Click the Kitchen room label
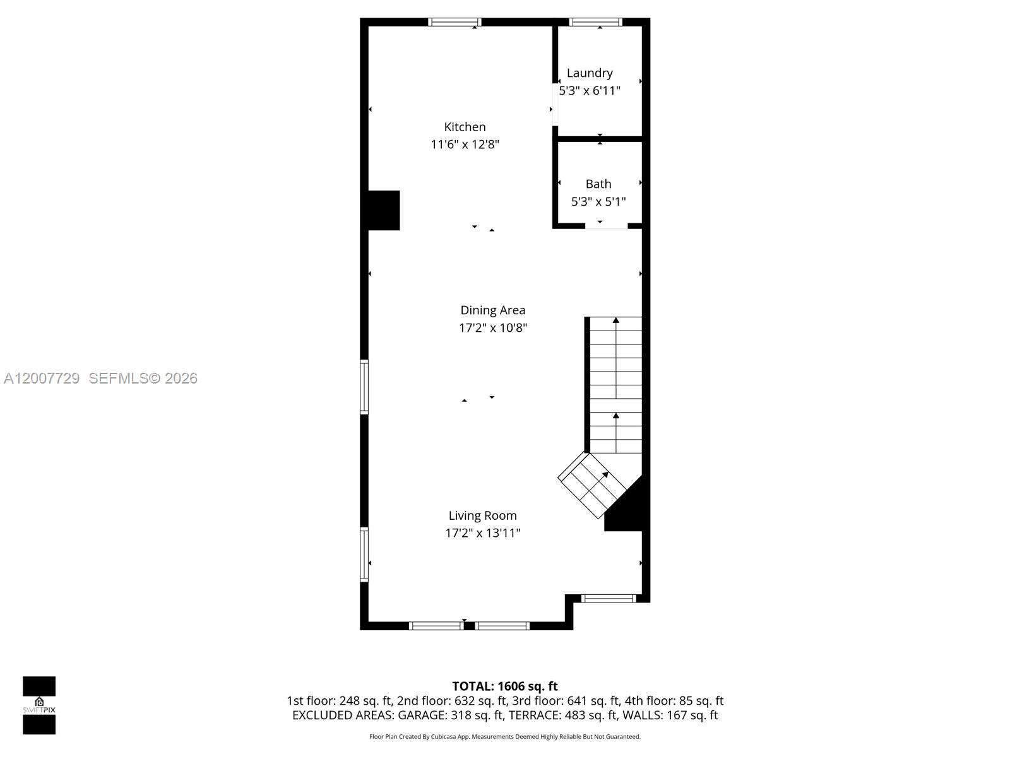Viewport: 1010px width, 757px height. (x=465, y=127)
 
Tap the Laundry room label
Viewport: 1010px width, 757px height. (x=590, y=73)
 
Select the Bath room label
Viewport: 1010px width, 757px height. (x=598, y=184)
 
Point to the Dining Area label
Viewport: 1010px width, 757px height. (x=492, y=310)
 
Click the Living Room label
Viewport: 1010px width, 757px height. (x=482, y=515)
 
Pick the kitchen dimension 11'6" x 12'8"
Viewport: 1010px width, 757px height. (x=465, y=144)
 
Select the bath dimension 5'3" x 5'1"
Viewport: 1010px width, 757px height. (x=598, y=202)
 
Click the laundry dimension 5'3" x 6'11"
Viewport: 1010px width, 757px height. (x=590, y=91)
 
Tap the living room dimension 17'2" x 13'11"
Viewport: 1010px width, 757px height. (x=482, y=533)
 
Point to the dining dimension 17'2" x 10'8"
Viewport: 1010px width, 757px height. (x=492, y=328)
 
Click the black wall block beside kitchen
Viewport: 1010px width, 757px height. (x=383, y=210)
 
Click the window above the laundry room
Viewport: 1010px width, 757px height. (x=595, y=22)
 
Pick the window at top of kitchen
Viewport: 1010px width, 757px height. (x=454, y=22)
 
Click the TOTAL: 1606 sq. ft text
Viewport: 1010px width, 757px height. (x=504, y=686)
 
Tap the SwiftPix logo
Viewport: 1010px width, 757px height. (x=39, y=705)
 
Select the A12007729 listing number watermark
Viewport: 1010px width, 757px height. (x=42, y=378)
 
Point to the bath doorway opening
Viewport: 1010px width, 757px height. (x=606, y=226)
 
